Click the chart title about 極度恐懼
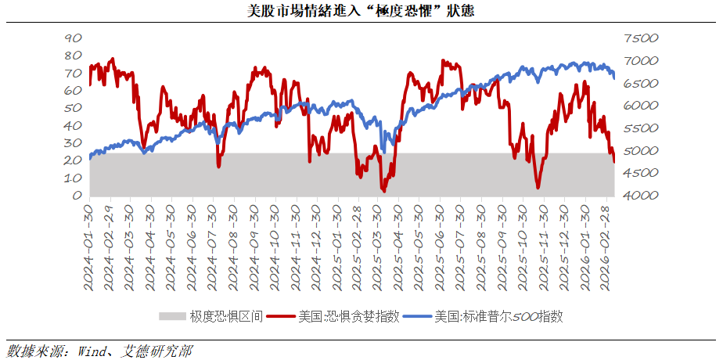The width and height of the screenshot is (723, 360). point(360,11)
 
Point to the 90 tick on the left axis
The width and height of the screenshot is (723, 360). point(73,38)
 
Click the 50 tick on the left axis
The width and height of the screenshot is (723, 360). point(73,108)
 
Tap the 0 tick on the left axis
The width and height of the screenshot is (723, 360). point(77,195)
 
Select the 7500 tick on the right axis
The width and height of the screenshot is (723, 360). point(642,38)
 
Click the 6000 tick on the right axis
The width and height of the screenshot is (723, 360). point(642,105)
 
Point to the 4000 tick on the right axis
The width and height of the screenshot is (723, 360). point(642,195)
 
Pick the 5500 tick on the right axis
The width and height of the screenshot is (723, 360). point(642,128)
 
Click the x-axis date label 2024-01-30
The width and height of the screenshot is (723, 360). point(90,247)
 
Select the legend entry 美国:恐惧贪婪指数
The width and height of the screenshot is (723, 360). point(348,316)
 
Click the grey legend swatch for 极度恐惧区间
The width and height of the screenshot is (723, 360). point(172,316)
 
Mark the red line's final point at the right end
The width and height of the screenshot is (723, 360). point(614,162)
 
